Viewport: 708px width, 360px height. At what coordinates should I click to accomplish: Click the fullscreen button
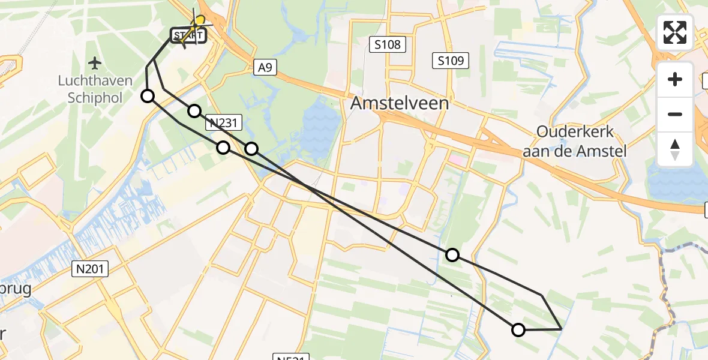pyautogui.click(x=675, y=32)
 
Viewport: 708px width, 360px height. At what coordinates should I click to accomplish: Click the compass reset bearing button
pyautogui.click(x=675, y=149)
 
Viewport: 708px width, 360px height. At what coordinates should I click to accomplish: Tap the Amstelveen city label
pyautogui.click(x=399, y=103)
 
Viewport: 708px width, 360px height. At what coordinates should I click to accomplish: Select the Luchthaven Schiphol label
pyautogui.click(x=91, y=88)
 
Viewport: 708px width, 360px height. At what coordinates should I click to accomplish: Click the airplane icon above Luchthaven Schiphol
pyautogui.click(x=94, y=62)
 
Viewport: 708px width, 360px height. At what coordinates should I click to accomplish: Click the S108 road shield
pyautogui.click(x=387, y=44)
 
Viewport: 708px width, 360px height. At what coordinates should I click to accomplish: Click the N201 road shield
pyautogui.click(x=91, y=269)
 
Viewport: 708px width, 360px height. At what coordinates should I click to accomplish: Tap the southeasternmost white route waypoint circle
pyautogui.click(x=518, y=329)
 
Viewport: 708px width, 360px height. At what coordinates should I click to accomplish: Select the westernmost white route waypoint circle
pyautogui.click(x=148, y=96)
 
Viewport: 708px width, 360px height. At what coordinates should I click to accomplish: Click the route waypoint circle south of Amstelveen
pyautogui.click(x=452, y=255)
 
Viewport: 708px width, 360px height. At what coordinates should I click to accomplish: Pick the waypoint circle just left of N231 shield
pyautogui.click(x=194, y=111)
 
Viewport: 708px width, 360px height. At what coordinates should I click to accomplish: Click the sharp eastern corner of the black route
pyautogui.click(x=560, y=329)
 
